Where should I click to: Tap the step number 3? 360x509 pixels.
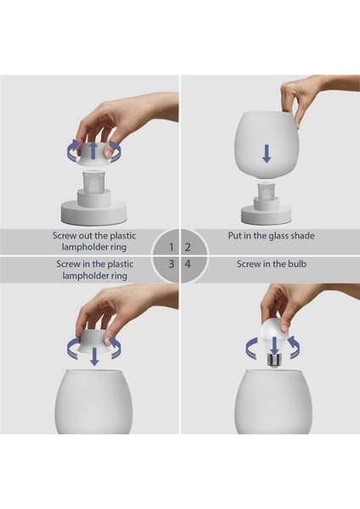[172, 265]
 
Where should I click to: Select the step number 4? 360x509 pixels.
[188, 265]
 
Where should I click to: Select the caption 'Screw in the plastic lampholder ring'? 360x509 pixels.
[93, 271]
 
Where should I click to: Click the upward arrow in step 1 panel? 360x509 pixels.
[94, 152]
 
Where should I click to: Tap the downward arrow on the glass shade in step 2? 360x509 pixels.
[267, 153]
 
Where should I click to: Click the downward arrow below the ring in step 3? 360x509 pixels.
[94, 355]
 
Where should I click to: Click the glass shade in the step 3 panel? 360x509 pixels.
[93, 403]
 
